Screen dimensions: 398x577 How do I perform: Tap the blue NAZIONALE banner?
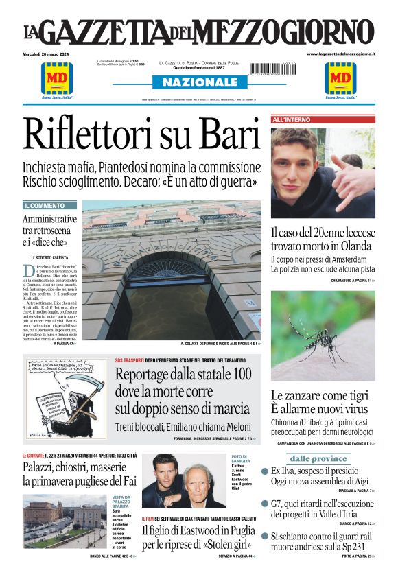(199, 83)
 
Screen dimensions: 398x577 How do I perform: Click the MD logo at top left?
(57, 78)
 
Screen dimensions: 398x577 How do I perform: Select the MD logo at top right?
(341, 78)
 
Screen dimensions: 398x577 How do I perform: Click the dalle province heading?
(318, 458)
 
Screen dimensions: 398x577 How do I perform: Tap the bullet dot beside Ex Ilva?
(265, 471)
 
